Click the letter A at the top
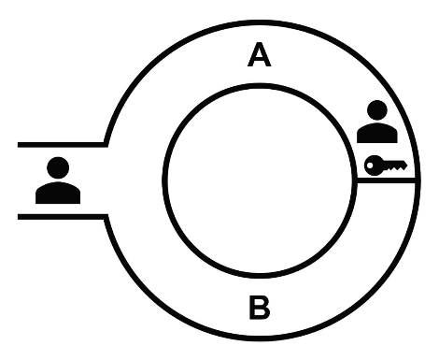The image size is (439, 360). (259, 56)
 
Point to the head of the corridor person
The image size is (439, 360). (58, 168)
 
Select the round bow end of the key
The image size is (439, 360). (372, 166)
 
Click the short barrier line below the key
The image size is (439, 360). (387, 181)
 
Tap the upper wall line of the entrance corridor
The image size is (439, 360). (62, 145)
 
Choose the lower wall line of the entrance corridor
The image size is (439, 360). (62, 216)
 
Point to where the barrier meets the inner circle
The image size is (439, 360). (361, 181)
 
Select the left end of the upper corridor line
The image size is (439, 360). (20, 145)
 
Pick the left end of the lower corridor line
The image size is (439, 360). (20, 216)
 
